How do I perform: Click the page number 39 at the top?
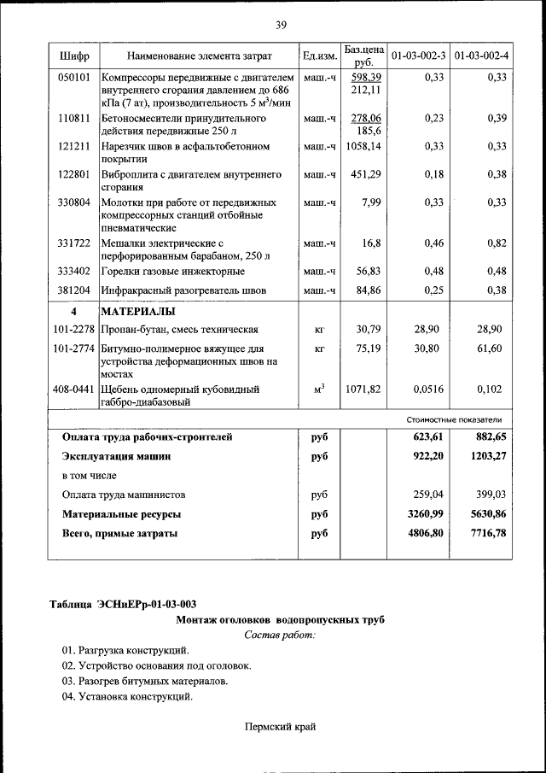coord(281,24)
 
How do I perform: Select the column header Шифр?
coord(73,56)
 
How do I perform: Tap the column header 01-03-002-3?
coord(418,56)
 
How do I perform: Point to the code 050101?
coord(73,77)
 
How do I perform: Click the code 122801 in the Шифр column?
coord(73,174)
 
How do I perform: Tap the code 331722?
coord(73,243)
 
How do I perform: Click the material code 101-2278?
coord(73,329)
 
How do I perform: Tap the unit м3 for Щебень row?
coord(320,389)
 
